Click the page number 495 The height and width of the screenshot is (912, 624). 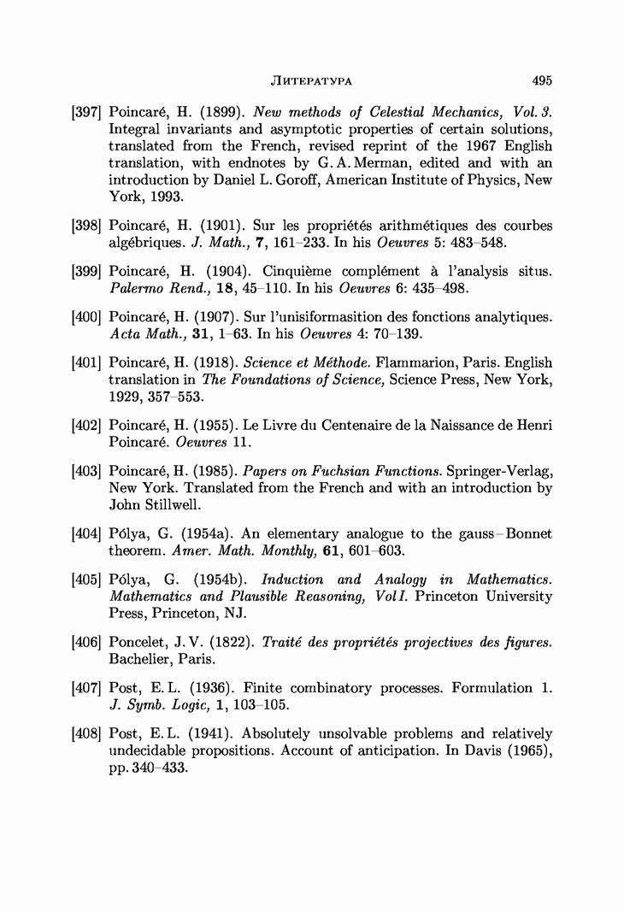click(541, 80)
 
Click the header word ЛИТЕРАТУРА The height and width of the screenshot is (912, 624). click(312, 81)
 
